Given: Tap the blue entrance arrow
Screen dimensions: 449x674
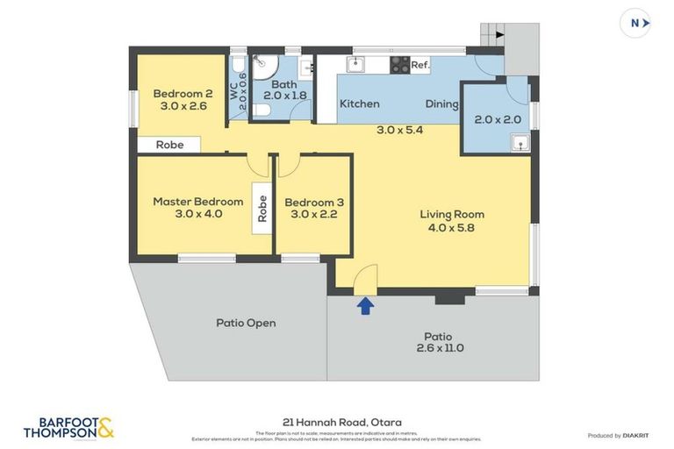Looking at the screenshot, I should (x=365, y=305).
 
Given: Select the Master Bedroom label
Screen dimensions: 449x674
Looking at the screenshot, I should (x=197, y=202).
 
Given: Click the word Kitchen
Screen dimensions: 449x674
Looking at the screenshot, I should (x=360, y=103).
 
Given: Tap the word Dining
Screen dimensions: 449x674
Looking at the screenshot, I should (x=441, y=103).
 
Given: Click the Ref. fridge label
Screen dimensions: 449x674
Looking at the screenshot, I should (x=420, y=64).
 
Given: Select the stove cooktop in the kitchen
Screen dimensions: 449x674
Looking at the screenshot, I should (x=399, y=64).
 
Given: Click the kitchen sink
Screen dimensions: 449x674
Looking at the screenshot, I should (x=355, y=64).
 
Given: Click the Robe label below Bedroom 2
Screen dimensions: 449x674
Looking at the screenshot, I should (x=169, y=145).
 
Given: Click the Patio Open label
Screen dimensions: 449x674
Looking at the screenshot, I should (x=246, y=323).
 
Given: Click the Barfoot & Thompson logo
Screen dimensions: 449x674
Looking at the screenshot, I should (x=68, y=427).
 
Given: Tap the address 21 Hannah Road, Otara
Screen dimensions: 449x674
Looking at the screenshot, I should (x=337, y=422).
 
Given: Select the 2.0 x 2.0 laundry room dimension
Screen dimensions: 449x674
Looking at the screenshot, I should (x=498, y=120).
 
